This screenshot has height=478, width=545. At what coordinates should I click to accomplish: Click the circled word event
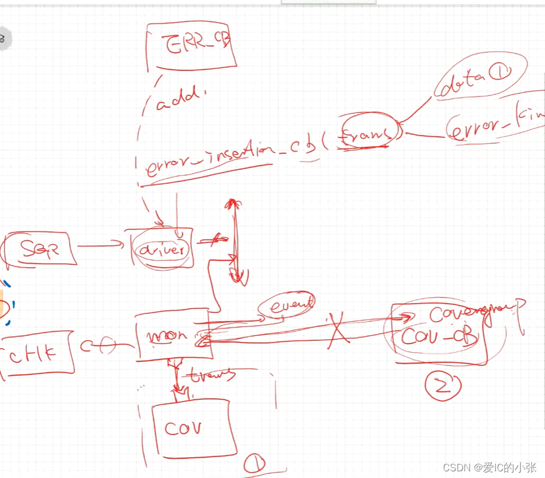click(286, 304)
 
